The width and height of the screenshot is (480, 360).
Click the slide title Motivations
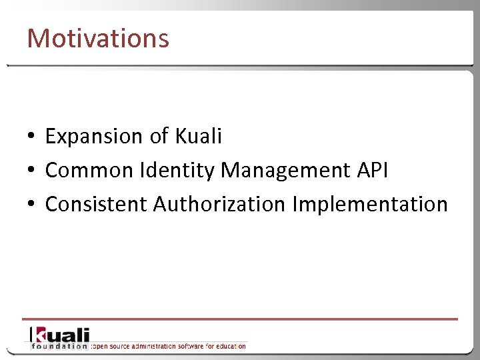pos(98,38)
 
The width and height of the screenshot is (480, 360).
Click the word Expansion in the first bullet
pos(94,137)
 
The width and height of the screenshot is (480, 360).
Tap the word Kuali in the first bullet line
pos(198,137)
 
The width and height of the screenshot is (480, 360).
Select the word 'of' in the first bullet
pos(159,137)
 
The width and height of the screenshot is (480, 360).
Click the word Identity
pos(177,171)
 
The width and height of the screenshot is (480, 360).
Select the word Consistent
pos(97,204)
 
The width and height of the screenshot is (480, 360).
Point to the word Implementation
pos(369,204)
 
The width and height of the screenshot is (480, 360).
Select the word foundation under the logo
pos(59,346)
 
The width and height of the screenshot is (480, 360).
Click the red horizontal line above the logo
pos(240,319)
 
